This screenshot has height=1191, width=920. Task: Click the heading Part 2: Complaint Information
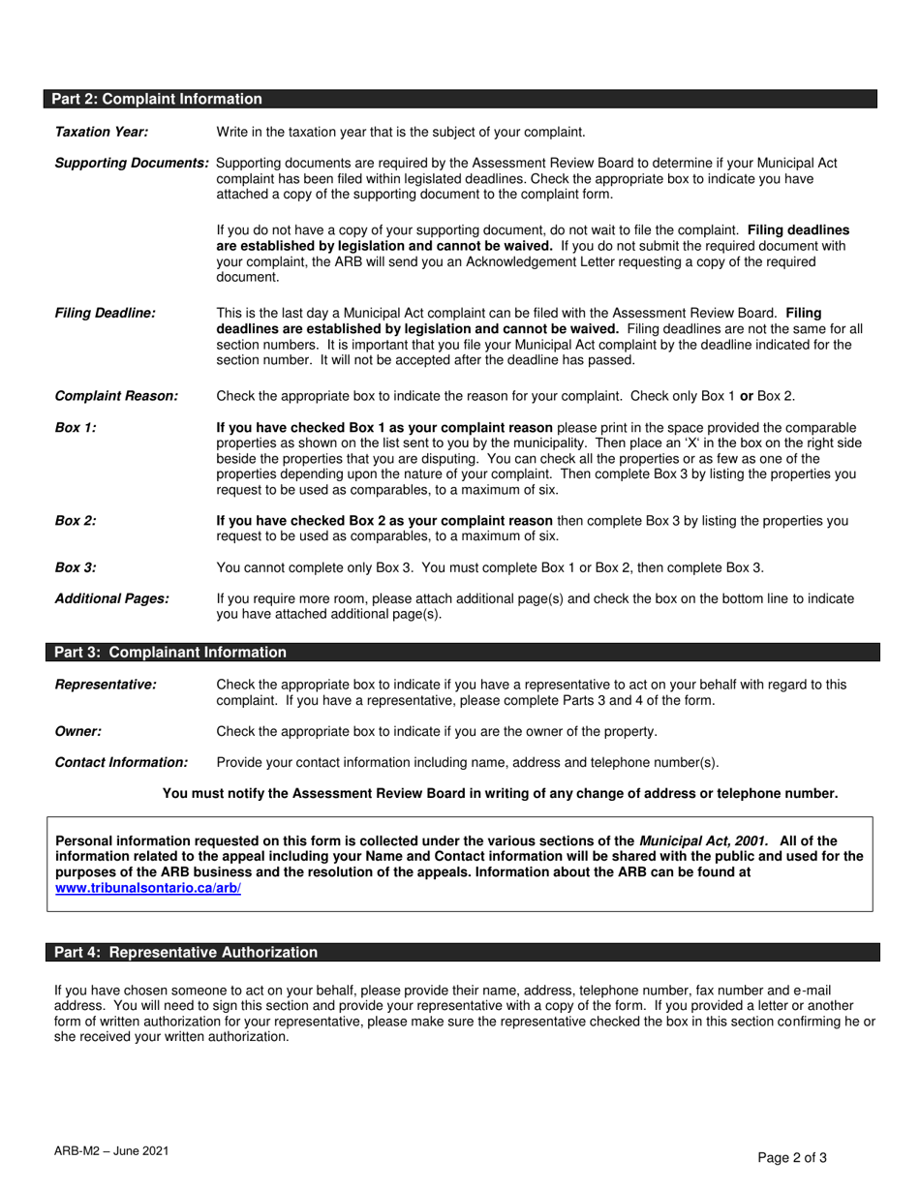[156, 99]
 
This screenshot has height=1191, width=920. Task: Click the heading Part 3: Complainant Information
[169, 653]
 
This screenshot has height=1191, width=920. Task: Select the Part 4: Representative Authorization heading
[185, 953]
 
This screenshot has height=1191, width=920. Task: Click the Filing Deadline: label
[105, 313]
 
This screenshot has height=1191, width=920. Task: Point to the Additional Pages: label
[111, 598]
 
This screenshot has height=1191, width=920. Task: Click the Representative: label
[106, 685]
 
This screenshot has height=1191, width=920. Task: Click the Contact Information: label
[121, 762]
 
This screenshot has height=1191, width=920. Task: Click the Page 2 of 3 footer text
[792, 1156]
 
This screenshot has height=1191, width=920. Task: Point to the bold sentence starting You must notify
[500, 793]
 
